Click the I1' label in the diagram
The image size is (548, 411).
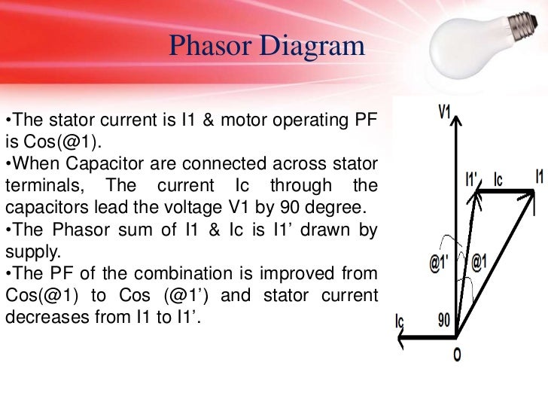(x=473, y=181)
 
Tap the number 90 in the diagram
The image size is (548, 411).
(x=445, y=319)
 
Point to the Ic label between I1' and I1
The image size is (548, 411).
(x=498, y=180)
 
